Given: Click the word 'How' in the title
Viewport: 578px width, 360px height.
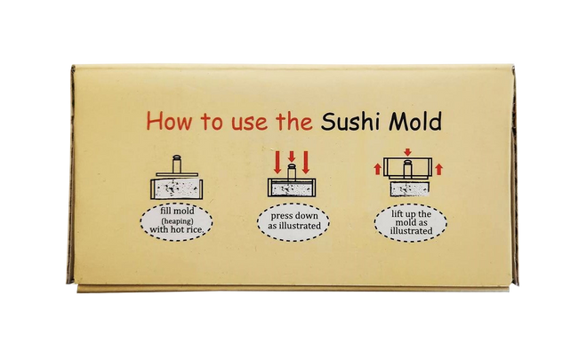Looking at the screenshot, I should point(169,122).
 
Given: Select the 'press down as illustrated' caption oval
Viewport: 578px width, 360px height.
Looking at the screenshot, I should point(293,221).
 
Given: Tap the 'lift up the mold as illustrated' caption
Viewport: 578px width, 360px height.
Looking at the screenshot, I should point(410,222).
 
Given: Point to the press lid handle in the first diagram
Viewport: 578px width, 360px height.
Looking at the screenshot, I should point(175,163).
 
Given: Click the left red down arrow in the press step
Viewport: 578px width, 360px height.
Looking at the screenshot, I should point(277,163).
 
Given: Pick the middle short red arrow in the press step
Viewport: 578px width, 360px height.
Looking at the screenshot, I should point(291,158).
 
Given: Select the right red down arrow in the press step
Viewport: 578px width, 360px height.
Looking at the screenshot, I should point(305,163).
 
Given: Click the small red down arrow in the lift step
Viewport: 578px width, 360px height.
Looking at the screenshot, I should point(406,152).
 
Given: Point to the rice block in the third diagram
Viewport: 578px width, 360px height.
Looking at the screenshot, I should point(406,188).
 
